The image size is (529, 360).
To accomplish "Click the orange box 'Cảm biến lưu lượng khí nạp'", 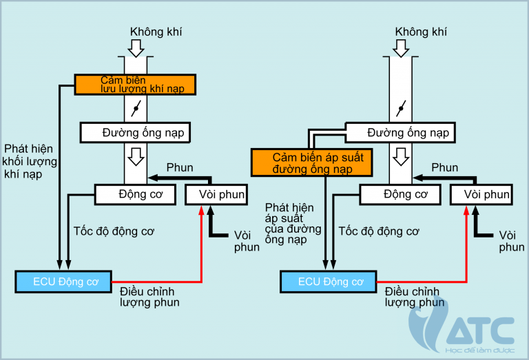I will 136,85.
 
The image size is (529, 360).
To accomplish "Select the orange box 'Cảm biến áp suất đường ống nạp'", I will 312,163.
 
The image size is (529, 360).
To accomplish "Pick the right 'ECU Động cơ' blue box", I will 329,281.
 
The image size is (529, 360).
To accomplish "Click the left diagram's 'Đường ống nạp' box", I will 135,131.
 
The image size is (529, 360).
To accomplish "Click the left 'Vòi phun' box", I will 216,194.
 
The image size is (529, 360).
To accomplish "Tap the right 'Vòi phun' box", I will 480,194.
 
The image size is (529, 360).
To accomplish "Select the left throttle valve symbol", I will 136,107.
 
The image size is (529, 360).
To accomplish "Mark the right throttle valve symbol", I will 400,107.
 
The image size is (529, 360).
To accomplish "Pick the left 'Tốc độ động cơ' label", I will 114,231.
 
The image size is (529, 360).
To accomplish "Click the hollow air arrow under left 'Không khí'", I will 136,48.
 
